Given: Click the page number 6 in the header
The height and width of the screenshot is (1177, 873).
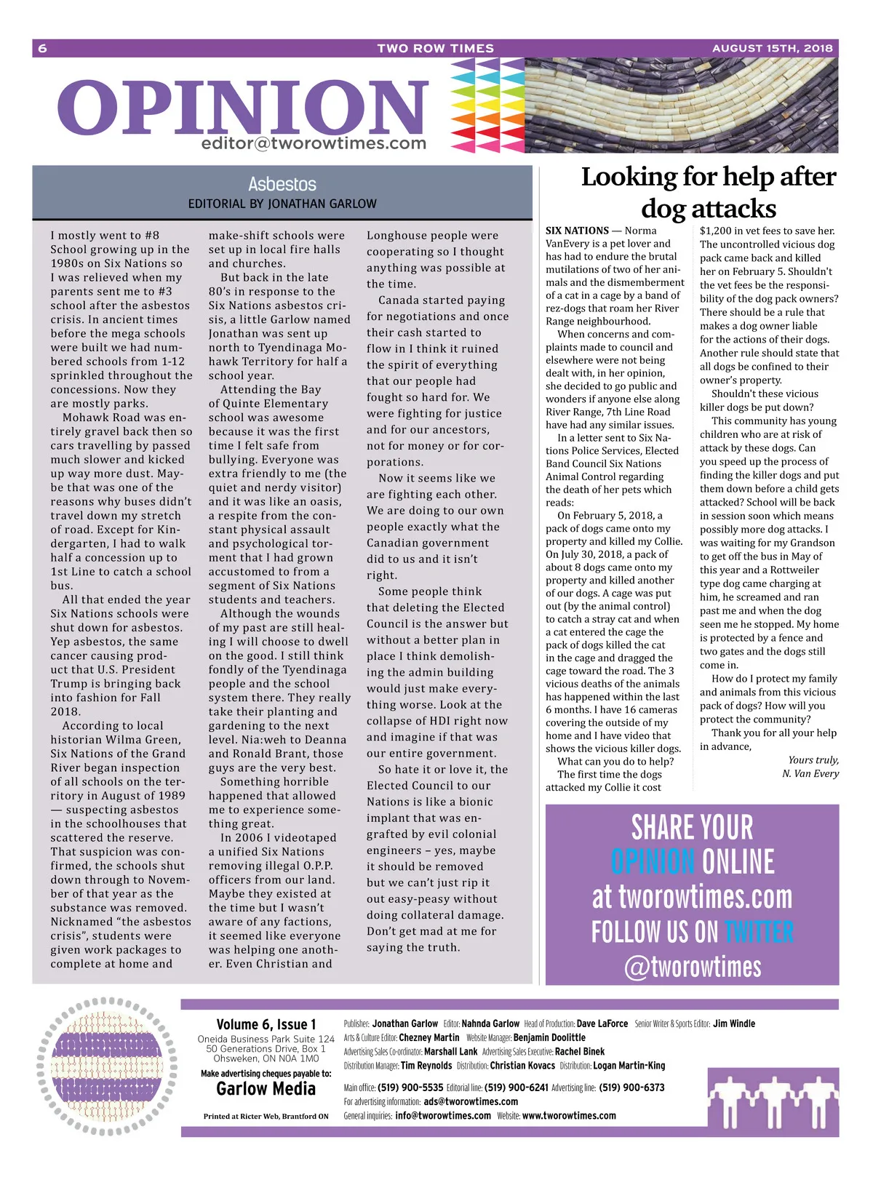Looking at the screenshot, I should click(42, 48).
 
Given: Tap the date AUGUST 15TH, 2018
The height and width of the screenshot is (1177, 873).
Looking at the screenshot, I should click(772, 48).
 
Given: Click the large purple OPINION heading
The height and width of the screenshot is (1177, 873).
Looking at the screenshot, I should click(243, 108).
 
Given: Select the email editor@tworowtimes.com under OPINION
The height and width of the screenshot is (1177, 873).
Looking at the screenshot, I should click(314, 143).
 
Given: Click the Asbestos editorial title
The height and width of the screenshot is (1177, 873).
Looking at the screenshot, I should click(282, 184).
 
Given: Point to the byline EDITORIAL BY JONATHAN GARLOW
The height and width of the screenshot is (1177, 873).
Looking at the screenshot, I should click(282, 204).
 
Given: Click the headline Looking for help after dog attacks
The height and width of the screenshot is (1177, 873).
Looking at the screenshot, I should click(709, 192).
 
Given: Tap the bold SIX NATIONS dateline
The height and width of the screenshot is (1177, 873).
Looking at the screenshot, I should click(577, 231).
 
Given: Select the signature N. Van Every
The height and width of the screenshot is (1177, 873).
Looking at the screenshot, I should click(810, 773).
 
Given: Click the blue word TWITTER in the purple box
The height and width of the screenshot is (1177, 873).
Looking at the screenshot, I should click(759, 932).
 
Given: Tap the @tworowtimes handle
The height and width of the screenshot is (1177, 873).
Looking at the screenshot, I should click(692, 966).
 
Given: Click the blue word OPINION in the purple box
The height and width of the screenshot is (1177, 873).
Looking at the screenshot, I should click(653, 862).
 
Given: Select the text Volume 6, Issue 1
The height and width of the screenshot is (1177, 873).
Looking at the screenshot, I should click(266, 1024).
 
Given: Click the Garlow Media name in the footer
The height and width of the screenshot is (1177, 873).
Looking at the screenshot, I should click(266, 1089).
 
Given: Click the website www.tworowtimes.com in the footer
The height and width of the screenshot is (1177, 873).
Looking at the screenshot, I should click(569, 1115).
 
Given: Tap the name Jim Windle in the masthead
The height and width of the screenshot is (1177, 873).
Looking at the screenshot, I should click(734, 1024).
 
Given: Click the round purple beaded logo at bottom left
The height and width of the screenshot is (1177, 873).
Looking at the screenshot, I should click(107, 1066).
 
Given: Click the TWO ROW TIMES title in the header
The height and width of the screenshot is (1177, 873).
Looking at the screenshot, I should click(435, 48).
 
